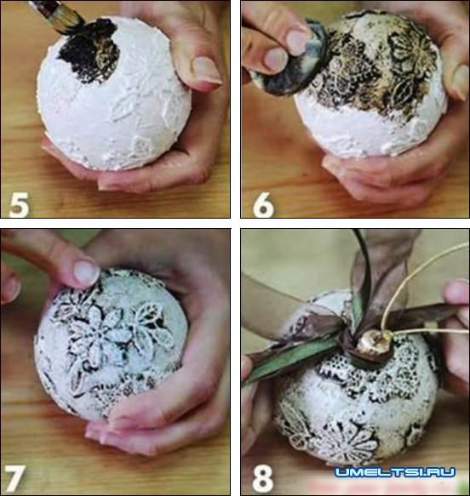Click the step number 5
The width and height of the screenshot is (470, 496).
(x=20, y=205)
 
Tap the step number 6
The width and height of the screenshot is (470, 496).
(x=263, y=205)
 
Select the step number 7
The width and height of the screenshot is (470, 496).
(x=14, y=477)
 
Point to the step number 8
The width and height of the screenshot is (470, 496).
(x=263, y=477)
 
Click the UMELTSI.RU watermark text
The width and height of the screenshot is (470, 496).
(x=395, y=472)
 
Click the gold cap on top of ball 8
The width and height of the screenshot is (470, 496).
(x=374, y=343)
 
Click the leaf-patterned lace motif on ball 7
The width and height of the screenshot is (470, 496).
(x=149, y=326)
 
